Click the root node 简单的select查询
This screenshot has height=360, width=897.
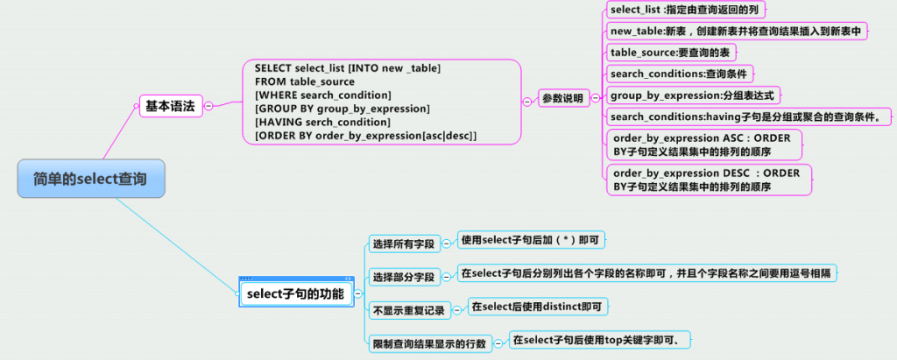[90, 179]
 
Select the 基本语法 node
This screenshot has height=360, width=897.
[170, 106]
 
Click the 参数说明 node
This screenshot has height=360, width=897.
[562, 99]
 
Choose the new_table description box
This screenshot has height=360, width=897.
[736, 32]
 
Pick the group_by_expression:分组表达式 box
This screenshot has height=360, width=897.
[692, 95]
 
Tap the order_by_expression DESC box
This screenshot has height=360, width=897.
[708, 180]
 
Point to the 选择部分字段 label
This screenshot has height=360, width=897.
[403, 278]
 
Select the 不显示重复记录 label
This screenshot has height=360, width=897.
[408, 310]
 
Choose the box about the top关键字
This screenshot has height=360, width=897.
[602, 339]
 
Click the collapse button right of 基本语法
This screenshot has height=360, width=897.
[208, 106]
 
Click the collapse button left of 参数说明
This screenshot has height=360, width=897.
[526, 101]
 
